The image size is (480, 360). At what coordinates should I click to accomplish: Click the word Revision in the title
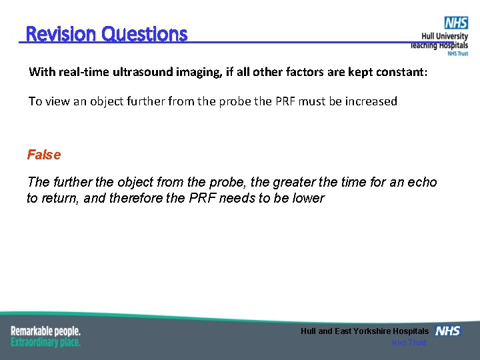point(61,33)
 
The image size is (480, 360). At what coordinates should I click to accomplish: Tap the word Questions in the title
point(145,33)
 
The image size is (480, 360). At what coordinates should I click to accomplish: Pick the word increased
point(371,101)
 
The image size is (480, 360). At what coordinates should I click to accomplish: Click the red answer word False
point(44,155)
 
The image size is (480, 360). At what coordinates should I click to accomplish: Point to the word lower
point(309,198)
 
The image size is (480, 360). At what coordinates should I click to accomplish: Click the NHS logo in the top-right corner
point(456,23)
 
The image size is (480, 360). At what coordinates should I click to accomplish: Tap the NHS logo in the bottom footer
point(447,331)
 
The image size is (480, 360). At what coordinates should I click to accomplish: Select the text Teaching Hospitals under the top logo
point(439,45)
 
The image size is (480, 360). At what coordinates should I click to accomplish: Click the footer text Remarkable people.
point(45,331)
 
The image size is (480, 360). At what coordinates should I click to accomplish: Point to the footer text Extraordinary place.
point(45,342)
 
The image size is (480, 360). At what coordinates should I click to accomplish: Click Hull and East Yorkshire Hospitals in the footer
point(365,331)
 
